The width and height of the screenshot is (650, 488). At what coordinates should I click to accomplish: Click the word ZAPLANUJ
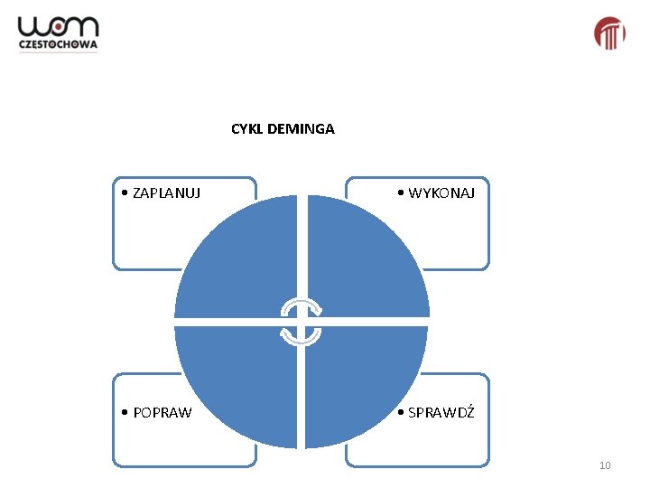[166, 192]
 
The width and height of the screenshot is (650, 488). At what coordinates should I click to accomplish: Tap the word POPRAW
[162, 413]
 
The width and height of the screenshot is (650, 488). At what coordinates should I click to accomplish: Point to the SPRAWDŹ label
[441, 413]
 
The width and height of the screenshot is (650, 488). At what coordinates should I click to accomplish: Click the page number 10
[605, 465]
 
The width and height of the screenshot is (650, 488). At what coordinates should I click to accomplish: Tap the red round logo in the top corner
[609, 33]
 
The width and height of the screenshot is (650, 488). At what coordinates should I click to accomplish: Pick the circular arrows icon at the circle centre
[300, 321]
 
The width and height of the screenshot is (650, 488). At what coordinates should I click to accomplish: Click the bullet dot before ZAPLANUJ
[125, 192]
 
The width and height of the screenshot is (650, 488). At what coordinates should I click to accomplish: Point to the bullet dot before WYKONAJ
[401, 192]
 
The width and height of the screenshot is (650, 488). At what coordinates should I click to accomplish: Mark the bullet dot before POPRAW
[125, 413]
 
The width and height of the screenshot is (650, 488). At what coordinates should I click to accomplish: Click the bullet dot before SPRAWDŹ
[401, 413]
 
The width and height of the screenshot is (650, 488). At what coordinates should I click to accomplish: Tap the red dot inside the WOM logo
[59, 28]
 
